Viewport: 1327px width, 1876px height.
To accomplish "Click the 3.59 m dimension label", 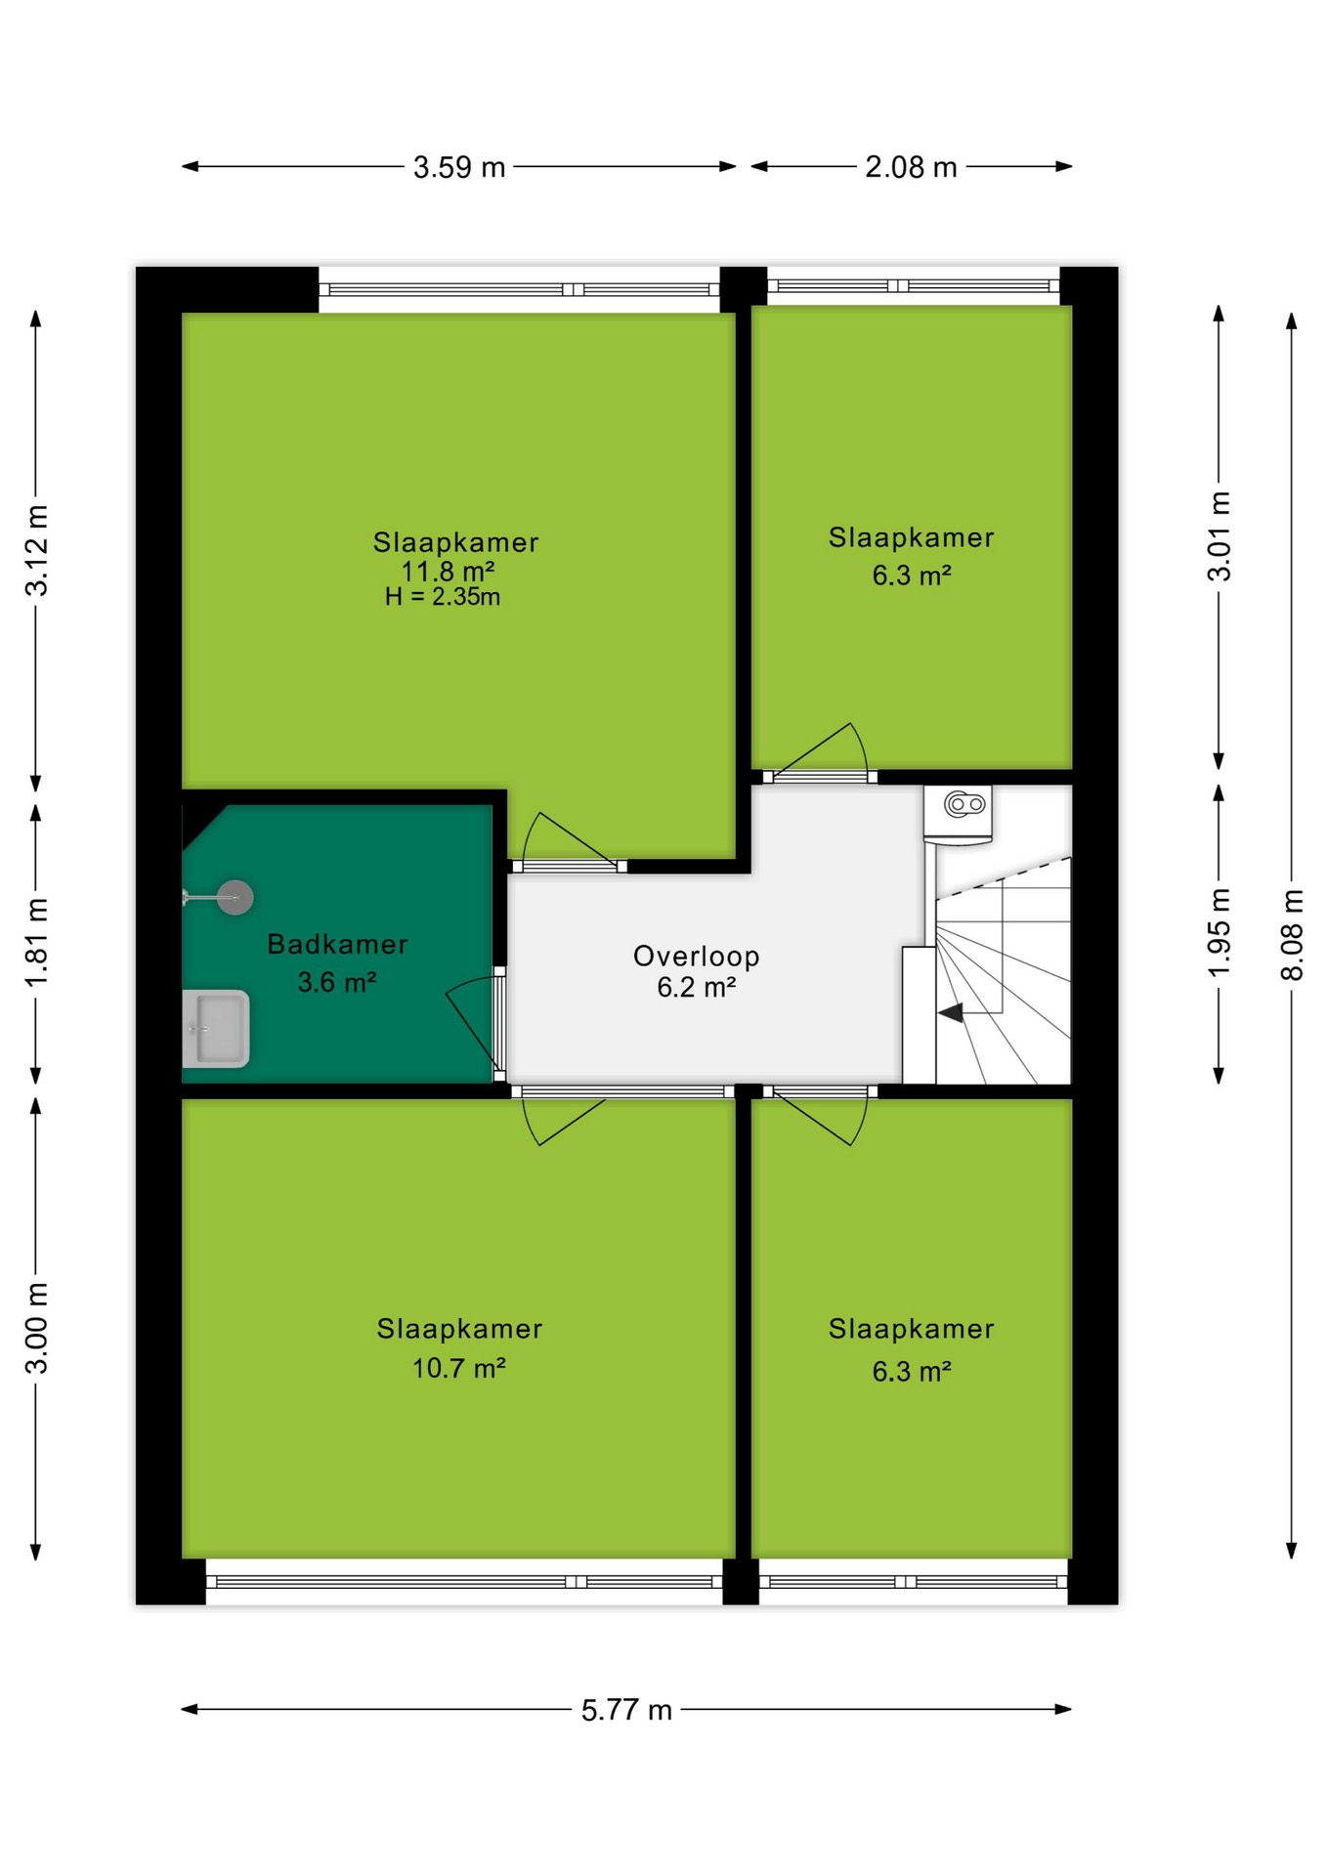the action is pos(458,167).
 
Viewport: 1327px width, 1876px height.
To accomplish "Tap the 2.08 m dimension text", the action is pos(911,167).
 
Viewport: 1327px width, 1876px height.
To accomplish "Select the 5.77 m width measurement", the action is pos(626,1710).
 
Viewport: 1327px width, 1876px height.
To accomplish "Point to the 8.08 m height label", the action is pos(1292,935).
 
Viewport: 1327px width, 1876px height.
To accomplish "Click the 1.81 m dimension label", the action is pos(36,943).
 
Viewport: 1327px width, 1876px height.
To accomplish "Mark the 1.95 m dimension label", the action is pos(1219,933).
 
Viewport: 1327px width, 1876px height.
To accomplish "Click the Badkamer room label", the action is pos(337,944).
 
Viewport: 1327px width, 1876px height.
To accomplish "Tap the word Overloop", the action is pos(696,957).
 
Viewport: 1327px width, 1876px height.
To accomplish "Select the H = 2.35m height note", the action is pos(443,597).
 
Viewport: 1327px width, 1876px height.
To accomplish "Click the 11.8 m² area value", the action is pos(448,571).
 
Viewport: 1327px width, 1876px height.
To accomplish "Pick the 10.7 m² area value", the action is pos(458,1368).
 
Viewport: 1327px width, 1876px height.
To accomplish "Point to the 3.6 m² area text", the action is pos(337,982).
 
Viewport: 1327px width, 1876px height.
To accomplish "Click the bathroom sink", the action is pos(216,1029).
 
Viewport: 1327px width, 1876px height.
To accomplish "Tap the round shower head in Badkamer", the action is pos(235,897).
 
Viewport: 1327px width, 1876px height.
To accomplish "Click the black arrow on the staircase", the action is pos(951,1013).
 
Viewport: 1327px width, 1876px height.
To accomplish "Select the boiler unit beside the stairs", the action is pos(959,813).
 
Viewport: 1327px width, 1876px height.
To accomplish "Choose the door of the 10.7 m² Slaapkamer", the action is pos(565,1115).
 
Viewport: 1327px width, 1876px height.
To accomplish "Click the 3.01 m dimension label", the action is pos(1220,536).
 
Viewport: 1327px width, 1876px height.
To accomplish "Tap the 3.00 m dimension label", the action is pos(36,1328).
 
